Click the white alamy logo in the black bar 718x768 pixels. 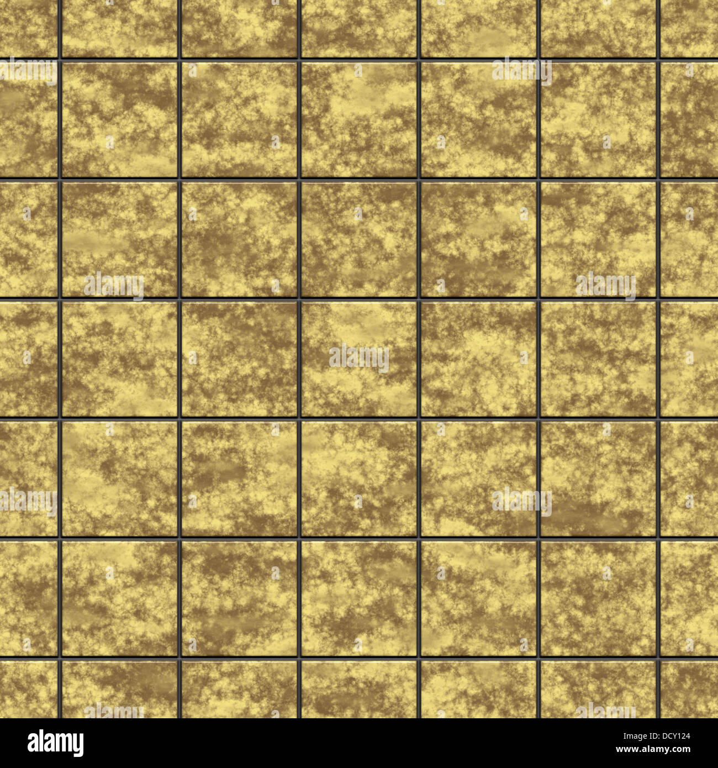tap(55, 743)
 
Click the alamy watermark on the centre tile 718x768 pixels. tap(359, 358)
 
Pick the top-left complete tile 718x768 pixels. tap(119, 119)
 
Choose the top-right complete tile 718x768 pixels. tap(598, 119)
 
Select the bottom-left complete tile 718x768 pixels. tap(119, 598)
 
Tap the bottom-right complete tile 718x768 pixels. tap(598, 598)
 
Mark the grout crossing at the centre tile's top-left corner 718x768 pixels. tap(299, 299)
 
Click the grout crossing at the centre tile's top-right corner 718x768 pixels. tap(419, 299)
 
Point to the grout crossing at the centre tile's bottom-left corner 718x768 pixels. tap(299, 419)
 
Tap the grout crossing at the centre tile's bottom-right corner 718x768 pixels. tap(419, 419)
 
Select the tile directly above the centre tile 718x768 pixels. tap(359, 239)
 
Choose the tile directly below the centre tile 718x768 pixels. tap(359, 478)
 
